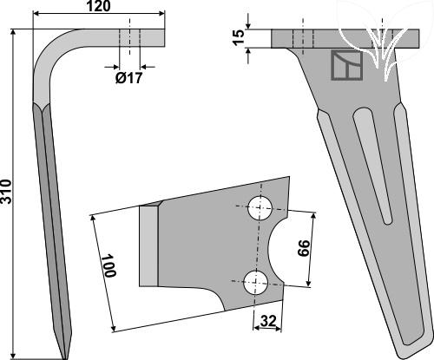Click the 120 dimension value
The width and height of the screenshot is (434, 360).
[x=98, y=6]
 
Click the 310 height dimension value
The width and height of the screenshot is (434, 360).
[x=6, y=192]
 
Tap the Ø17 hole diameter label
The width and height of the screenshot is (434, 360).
[x=129, y=78]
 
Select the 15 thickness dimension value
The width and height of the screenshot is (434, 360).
[x=239, y=37]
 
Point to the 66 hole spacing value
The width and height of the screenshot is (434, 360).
[x=304, y=248]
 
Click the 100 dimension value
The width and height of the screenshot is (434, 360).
[x=110, y=265]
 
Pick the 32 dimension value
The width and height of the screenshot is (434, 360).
[x=268, y=321]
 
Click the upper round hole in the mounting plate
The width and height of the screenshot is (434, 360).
[x=260, y=208]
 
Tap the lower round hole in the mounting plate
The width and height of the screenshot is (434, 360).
[x=256, y=283]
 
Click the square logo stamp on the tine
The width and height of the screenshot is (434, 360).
[x=347, y=65]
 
